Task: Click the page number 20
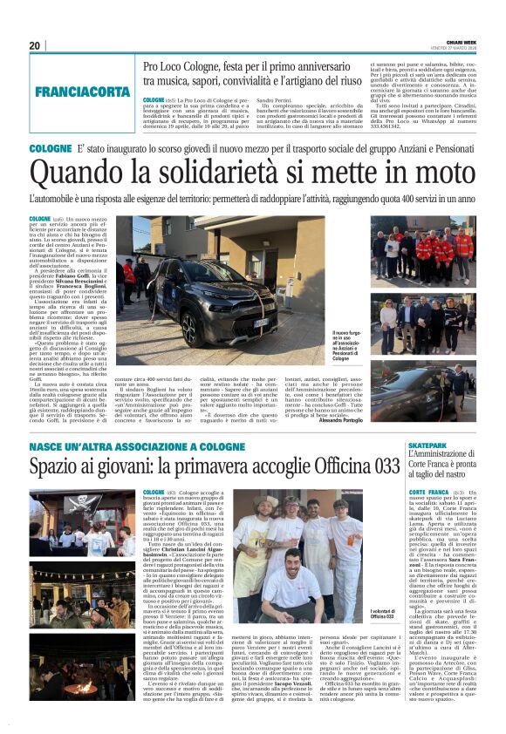coord(35,46)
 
